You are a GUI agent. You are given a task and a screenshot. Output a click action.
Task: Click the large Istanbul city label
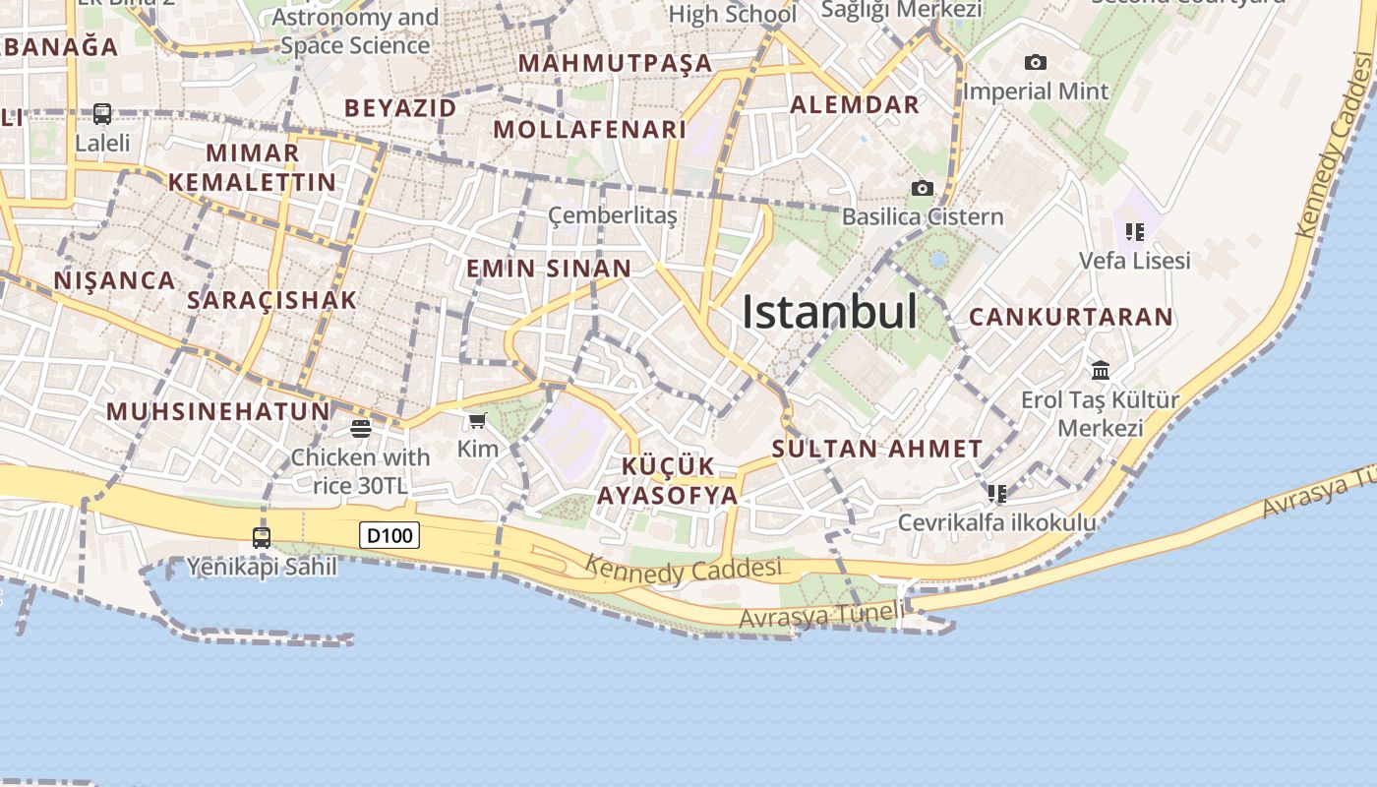tap(829, 312)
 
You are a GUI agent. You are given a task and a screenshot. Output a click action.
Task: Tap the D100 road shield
tap(389, 536)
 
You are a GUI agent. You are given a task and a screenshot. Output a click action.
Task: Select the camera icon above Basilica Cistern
tap(922, 188)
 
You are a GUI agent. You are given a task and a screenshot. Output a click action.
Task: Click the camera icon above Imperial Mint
tap(1035, 63)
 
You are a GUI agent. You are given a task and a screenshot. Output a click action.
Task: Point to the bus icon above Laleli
tap(102, 114)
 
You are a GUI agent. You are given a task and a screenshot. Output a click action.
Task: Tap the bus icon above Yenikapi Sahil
tap(262, 538)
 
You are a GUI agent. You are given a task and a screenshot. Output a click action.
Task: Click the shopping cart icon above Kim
tap(478, 421)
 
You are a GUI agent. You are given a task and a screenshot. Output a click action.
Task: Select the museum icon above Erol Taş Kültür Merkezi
tap(1101, 371)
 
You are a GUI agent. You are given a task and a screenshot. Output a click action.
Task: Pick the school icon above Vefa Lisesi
tap(1135, 232)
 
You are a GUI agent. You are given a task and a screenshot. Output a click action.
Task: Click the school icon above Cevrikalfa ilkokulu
tap(997, 493)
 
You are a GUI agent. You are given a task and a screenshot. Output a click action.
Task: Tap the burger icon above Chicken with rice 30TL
tap(360, 429)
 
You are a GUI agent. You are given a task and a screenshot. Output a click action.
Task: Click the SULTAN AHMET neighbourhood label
tap(876, 450)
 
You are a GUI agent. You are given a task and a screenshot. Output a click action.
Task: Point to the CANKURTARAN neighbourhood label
tap(1071, 317)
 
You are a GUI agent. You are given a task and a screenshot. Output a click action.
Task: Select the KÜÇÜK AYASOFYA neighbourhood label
tap(668, 481)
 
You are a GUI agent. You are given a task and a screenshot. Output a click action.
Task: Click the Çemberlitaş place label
tap(613, 215)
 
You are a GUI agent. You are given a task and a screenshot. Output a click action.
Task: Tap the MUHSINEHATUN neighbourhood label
tap(217, 411)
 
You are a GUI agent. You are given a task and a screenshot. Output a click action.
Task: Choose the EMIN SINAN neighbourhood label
tap(549, 269)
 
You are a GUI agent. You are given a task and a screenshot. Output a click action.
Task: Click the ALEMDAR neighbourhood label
tap(855, 105)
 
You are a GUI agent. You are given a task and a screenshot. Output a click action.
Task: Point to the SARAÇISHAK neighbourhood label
tap(271, 301)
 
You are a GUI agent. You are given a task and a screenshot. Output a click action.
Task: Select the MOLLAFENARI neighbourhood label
tap(589, 130)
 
